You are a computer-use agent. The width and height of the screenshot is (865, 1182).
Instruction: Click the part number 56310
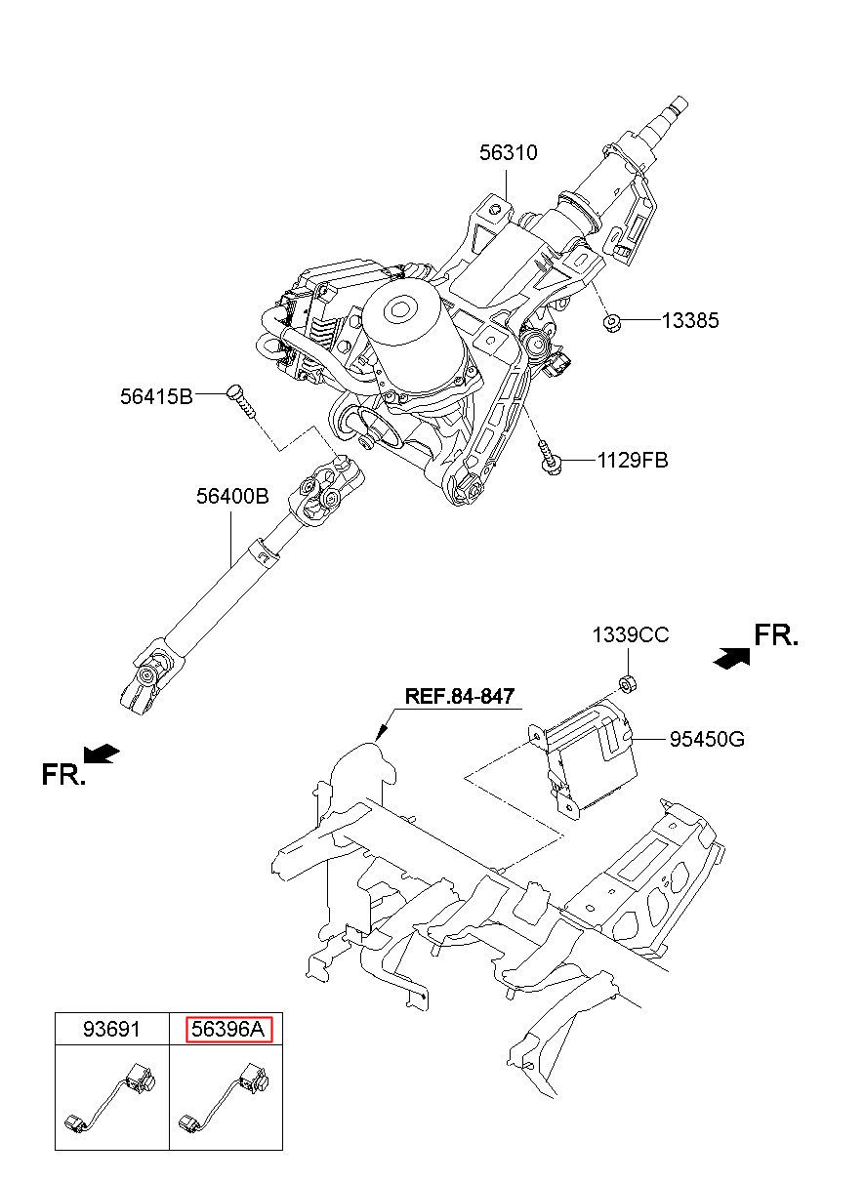click(509, 152)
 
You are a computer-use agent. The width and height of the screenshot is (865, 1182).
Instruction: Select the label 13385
click(690, 320)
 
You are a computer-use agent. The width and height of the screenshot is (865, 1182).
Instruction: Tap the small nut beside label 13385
click(611, 321)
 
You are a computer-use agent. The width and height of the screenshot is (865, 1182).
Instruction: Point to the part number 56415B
click(157, 396)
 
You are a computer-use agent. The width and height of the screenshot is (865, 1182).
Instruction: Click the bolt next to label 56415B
click(241, 401)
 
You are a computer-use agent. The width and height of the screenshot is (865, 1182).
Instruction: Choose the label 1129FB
click(633, 461)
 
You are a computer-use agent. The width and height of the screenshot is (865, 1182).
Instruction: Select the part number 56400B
click(232, 496)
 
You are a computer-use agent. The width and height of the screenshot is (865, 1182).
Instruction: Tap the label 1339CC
click(630, 634)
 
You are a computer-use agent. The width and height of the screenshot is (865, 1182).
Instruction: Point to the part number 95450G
click(707, 739)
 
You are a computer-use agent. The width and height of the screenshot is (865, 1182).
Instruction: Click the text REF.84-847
click(459, 696)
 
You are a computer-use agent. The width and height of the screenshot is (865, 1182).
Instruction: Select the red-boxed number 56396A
click(228, 1029)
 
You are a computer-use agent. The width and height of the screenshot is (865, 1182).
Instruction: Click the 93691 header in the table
click(111, 1029)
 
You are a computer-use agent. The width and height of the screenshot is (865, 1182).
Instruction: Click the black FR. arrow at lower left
click(102, 753)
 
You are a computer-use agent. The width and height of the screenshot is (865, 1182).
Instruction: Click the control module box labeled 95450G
click(586, 758)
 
